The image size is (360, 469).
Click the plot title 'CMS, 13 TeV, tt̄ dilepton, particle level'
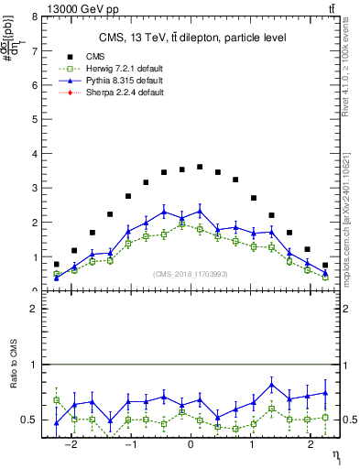coord(192,38)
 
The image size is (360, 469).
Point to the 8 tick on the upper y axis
coord(34,16)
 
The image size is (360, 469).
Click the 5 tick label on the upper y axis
coord(34,119)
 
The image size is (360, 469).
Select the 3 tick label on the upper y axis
coord(34,188)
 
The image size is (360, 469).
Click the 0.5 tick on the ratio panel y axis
coord(30,420)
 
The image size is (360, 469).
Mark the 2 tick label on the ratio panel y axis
coord(34,310)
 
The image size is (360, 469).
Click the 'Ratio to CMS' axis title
coord(12,376)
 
